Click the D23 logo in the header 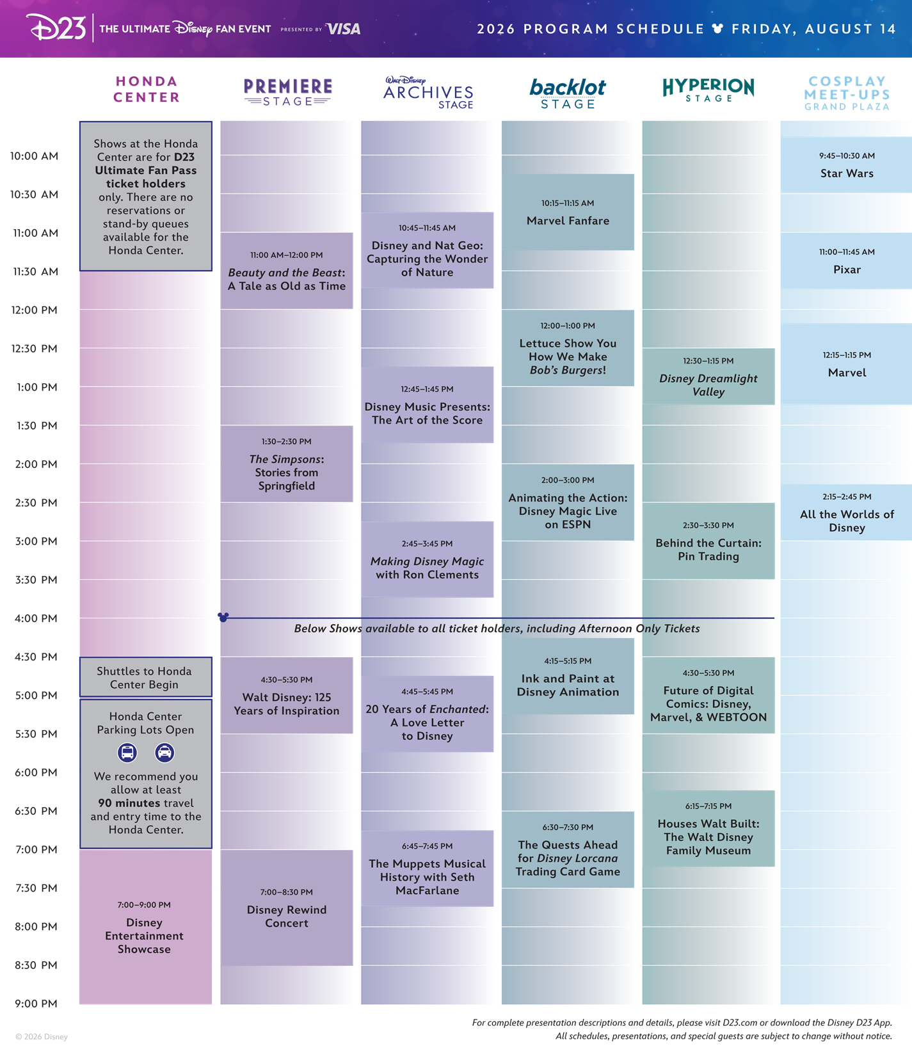pyautogui.click(x=56, y=28)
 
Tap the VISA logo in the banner pyautogui.click(x=343, y=29)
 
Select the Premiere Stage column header pyautogui.click(x=287, y=92)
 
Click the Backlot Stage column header pyautogui.click(x=568, y=93)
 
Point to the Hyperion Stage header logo pyautogui.click(x=708, y=90)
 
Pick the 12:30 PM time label pyautogui.click(x=35, y=349)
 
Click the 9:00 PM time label pyautogui.click(x=36, y=1004)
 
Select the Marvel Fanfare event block pyautogui.click(x=568, y=212)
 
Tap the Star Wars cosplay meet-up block pyautogui.click(x=846, y=164)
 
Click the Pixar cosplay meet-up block pyautogui.click(x=846, y=260)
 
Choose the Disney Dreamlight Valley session pyautogui.click(x=708, y=376)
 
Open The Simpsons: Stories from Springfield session pyautogui.click(x=287, y=464)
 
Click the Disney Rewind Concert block pyautogui.click(x=287, y=908)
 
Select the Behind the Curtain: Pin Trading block pyautogui.click(x=708, y=541)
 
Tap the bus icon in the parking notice pyautogui.click(x=127, y=753)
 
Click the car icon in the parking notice pyautogui.click(x=164, y=753)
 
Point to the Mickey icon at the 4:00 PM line pyautogui.click(x=223, y=618)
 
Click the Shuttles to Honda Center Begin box pyautogui.click(x=146, y=677)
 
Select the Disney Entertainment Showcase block pyautogui.click(x=146, y=927)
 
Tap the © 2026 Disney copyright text pyautogui.click(x=42, y=1037)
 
